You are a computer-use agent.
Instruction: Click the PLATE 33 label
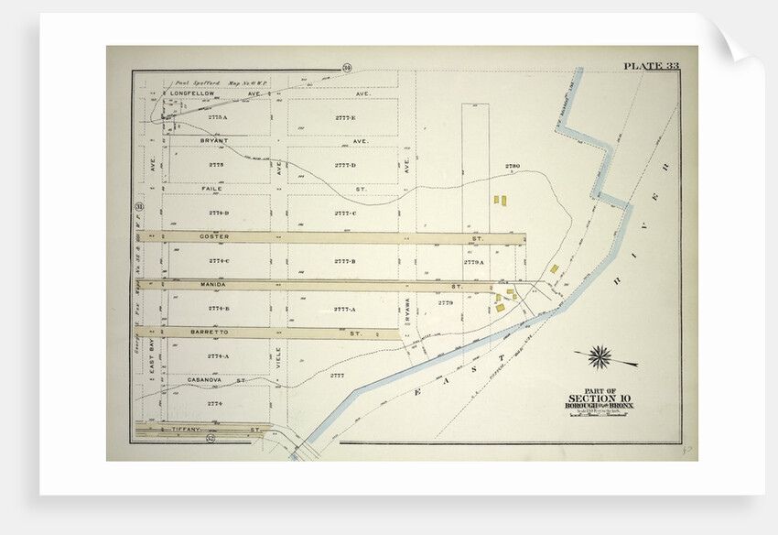pyautogui.click(x=652, y=65)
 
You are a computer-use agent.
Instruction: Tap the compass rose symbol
pyautogui.click(x=600, y=357)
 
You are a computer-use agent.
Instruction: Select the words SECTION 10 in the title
pyautogui.click(x=600, y=398)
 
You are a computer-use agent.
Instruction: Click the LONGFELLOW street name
pyautogui.click(x=191, y=93)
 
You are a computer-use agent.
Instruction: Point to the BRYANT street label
pyautogui.click(x=215, y=141)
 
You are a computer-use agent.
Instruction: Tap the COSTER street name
pyautogui.click(x=214, y=236)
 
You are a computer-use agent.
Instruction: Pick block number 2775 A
pyautogui.click(x=218, y=117)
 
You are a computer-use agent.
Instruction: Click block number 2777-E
pyautogui.click(x=345, y=117)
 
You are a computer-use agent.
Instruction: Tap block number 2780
pyautogui.click(x=512, y=166)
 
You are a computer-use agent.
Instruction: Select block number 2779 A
pyautogui.click(x=473, y=262)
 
